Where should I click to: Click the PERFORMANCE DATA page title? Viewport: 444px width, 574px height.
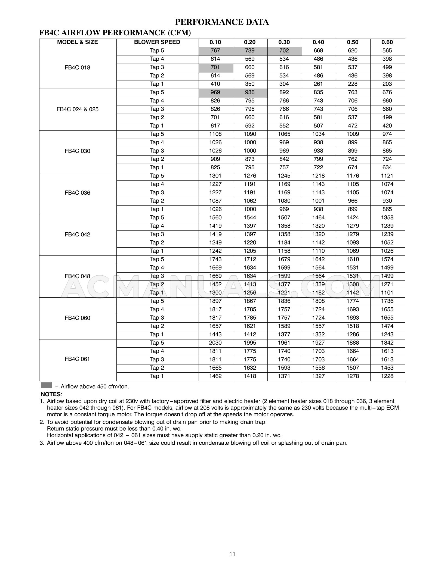pos(222,22)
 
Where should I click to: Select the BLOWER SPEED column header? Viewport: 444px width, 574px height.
pos(157,42)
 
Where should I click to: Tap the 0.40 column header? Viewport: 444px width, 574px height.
pos(318,42)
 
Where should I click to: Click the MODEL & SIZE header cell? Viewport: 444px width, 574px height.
pos(78,42)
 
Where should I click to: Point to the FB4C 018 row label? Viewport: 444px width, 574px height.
pos(78,67)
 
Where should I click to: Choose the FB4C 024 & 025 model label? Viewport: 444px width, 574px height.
pos(78,109)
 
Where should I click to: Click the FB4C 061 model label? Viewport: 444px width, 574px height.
pos(78,359)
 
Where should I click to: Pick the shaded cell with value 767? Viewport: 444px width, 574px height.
pos(215,51)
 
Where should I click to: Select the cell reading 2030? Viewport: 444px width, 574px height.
pos(215,343)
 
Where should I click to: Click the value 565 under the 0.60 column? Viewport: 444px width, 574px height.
pos(387,51)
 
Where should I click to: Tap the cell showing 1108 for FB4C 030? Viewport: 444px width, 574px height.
pos(215,134)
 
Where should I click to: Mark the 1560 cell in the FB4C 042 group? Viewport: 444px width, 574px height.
pos(215,217)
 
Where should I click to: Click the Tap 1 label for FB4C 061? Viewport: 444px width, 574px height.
pos(157,376)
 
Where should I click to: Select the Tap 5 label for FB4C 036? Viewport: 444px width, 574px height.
pos(157,176)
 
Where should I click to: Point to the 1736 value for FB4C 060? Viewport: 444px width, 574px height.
pos(387,301)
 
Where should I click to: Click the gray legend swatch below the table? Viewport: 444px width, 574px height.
pos(46,385)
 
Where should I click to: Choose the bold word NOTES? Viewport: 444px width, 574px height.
pos(51,394)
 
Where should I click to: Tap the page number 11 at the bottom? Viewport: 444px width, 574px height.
pos(232,554)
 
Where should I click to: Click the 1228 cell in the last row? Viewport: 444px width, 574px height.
pos(387,376)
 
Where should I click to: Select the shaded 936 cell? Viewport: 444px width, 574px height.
pos(249,92)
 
